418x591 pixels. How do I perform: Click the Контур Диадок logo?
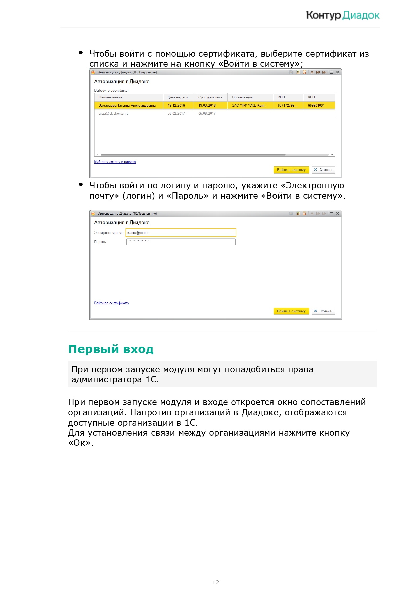coord(343,15)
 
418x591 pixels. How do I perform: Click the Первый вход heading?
coord(111,349)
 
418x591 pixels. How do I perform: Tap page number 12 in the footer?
coord(216,582)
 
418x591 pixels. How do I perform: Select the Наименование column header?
coord(110,97)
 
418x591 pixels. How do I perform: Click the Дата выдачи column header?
coord(178,97)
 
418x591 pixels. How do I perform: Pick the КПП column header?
coord(311,97)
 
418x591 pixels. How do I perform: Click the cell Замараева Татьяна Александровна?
coord(127,106)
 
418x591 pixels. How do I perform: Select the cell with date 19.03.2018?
coord(207,106)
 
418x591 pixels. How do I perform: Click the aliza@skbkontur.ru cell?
coord(113,114)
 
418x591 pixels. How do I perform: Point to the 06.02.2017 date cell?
coord(176,114)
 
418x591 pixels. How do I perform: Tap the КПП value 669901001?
coord(316,106)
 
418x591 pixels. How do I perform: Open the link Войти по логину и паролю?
coord(115,162)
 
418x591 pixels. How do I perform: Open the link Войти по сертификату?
coord(112,303)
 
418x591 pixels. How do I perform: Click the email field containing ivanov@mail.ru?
coord(181,233)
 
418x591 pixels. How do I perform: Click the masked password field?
coord(181,242)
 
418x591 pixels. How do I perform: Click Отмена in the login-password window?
coord(323,311)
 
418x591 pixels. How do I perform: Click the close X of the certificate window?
coord(337,72)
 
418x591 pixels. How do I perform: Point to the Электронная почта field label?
coord(109,233)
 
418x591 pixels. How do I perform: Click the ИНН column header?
coord(281,97)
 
